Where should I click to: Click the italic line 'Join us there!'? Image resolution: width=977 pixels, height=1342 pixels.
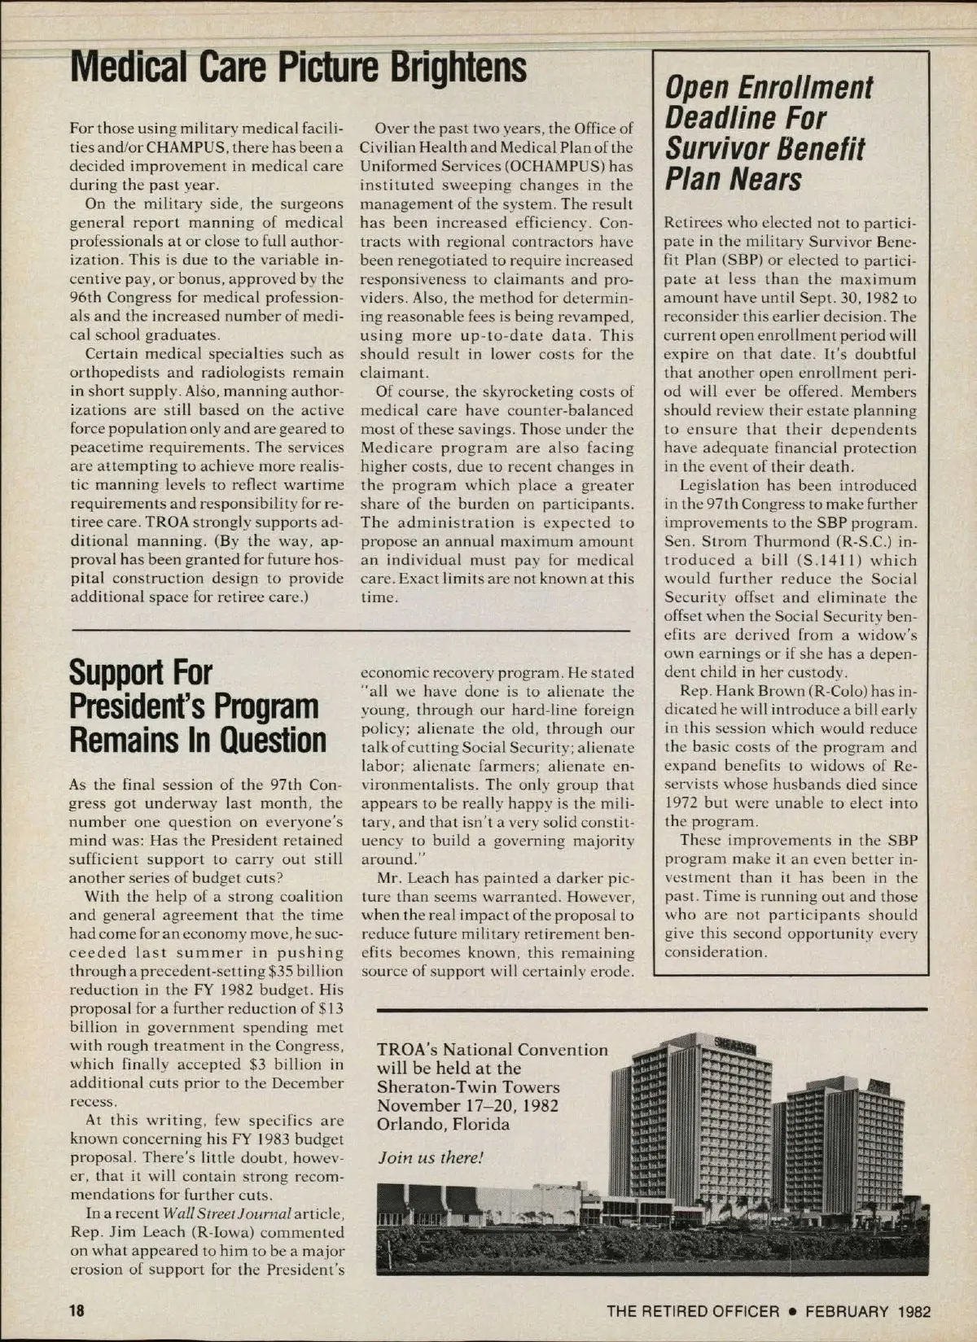tap(431, 1158)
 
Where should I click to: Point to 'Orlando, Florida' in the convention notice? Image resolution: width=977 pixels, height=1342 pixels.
tap(443, 1124)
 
